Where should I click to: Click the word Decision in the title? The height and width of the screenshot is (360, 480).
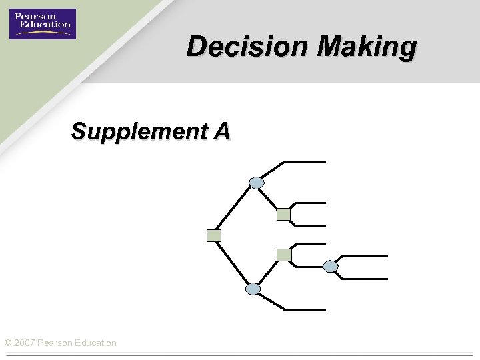click(x=237, y=47)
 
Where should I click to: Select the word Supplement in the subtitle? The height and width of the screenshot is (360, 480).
click(x=139, y=131)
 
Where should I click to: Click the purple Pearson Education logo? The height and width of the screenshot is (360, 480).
click(x=43, y=23)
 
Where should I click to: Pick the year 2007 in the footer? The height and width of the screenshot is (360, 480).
click(x=25, y=343)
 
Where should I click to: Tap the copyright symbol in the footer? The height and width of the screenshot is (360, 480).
click(x=7, y=343)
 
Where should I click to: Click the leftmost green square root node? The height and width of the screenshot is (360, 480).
click(x=214, y=235)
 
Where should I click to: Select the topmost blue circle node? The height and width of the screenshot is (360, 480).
click(x=257, y=182)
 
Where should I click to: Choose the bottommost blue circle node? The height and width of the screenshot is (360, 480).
click(x=253, y=289)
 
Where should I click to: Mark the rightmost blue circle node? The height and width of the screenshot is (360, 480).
click(x=331, y=267)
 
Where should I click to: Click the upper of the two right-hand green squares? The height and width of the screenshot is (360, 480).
click(x=284, y=214)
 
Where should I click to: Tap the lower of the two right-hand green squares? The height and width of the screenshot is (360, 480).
click(x=284, y=255)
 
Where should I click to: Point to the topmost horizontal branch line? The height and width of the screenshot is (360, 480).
click(x=305, y=161)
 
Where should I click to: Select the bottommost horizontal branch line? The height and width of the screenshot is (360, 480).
click(x=305, y=310)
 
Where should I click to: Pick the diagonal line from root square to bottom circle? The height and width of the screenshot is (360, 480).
click(x=233, y=262)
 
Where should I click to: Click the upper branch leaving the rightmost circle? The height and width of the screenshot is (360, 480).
click(x=364, y=256)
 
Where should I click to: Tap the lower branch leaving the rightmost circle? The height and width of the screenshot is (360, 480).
click(x=364, y=279)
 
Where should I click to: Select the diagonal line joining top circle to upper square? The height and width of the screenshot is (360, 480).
click(x=269, y=197)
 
